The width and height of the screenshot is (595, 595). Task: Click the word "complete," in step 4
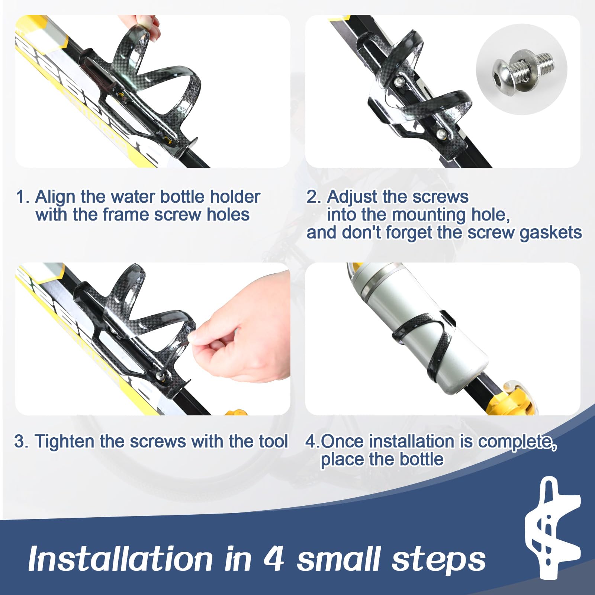517,442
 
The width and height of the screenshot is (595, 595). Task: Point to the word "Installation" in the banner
120,559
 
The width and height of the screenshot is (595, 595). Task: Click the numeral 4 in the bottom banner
274,559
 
